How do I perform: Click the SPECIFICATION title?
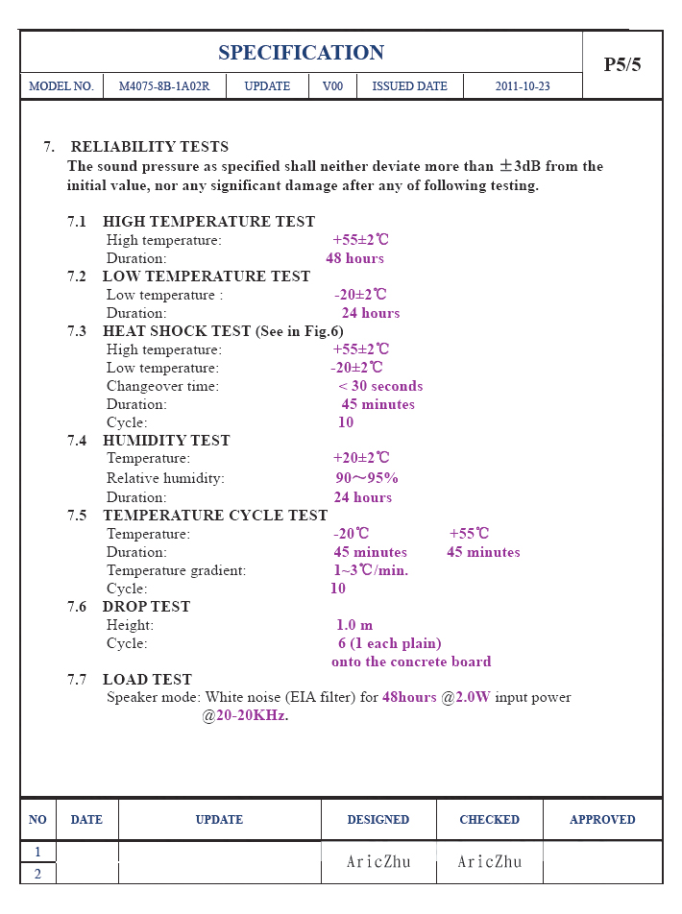tap(301, 53)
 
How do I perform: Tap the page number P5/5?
tap(621, 65)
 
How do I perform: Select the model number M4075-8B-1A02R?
tap(159, 86)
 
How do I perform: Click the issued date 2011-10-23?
tap(523, 86)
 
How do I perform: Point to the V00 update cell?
tap(332, 86)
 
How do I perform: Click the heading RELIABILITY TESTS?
tap(149, 147)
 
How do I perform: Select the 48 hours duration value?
tap(354, 258)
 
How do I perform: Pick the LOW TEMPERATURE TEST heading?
tap(207, 277)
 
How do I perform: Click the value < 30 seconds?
tap(380, 386)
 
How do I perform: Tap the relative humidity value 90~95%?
tap(366, 478)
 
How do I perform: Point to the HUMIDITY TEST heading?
tap(166, 441)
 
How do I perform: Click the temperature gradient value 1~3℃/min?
tap(371, 570)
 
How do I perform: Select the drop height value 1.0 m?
tap(354, 625)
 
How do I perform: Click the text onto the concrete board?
tap(411, 661)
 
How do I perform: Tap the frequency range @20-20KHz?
tap(245, 715)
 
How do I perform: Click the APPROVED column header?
tap(602, 820)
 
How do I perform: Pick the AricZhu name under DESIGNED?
tap(378, 862)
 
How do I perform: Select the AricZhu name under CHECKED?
tap(490, 862)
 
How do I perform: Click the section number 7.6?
tap(77, 607)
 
